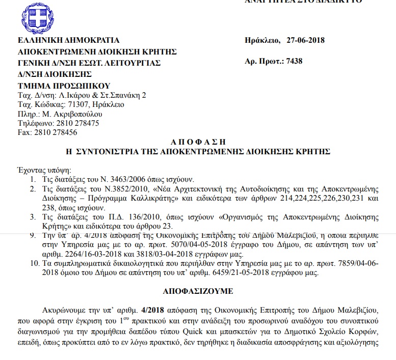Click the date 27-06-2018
pos(305,41)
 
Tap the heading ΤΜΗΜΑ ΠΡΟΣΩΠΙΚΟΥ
pos(64,85)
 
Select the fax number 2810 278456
pos(56,132)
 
